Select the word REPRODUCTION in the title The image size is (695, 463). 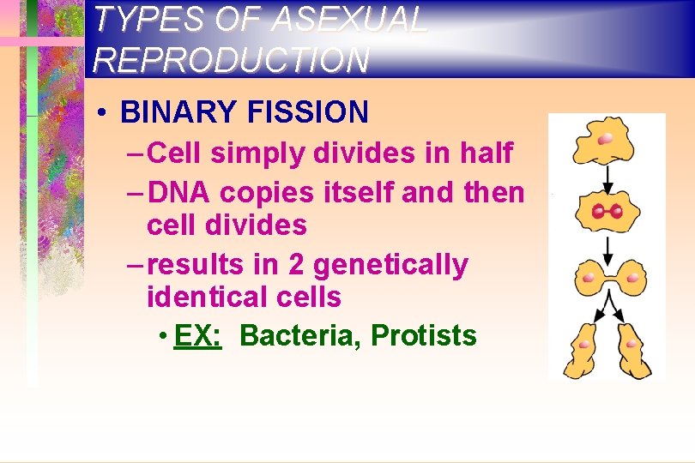(x=232, y=59)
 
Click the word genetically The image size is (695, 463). (x=390, y=265)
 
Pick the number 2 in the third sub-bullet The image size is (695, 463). (x=296, y=265)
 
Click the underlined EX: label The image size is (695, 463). (x=197, y=335)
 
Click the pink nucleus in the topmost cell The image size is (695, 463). (x=606, y=137)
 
